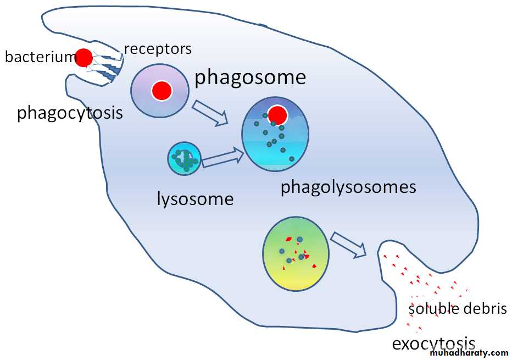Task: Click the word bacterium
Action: [38, 56]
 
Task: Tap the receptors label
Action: [158, 48]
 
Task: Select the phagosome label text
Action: [250, 77]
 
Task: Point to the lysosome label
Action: [195, 198]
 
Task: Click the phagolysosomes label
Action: [348, 187]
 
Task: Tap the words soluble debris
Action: [457, 308]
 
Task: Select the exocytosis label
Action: [433, 344]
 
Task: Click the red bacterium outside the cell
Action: [84, 57]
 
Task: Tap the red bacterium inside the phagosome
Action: [162, 91]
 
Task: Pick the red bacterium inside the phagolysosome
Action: [279, 115]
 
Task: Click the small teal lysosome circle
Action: [185, 159]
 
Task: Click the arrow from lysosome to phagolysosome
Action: [222, 157]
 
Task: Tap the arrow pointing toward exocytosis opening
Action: [349, 245]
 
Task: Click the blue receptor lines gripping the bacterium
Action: [107, 63]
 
